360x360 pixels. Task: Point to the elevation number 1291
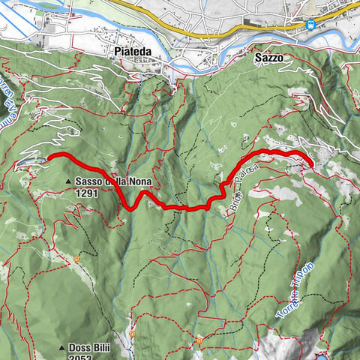click(x=87, y=192)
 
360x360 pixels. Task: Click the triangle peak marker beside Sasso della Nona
click(x=69, y=182)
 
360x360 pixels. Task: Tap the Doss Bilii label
click(x=93, y=348)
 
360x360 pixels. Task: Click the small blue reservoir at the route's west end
click(x=30, y=160)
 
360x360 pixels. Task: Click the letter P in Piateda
click(x=117, y=52)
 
